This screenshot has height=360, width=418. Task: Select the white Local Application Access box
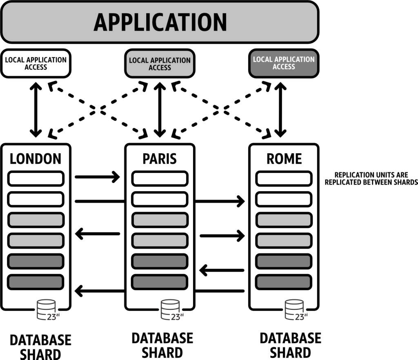36,63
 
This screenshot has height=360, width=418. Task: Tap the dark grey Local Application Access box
284,63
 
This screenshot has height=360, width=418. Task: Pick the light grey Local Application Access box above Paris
160,64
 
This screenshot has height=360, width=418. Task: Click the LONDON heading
36,159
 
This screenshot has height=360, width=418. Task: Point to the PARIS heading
160,159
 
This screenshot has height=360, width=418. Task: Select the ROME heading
284,159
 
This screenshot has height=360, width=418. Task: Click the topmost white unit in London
36,179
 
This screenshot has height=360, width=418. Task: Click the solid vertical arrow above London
36,109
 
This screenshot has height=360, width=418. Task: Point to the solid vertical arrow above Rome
280,109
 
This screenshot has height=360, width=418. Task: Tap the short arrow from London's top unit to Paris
97,177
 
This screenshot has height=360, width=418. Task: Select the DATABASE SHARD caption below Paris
162,345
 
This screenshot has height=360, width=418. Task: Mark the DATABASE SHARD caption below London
40,347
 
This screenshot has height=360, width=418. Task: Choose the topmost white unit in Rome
284,179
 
